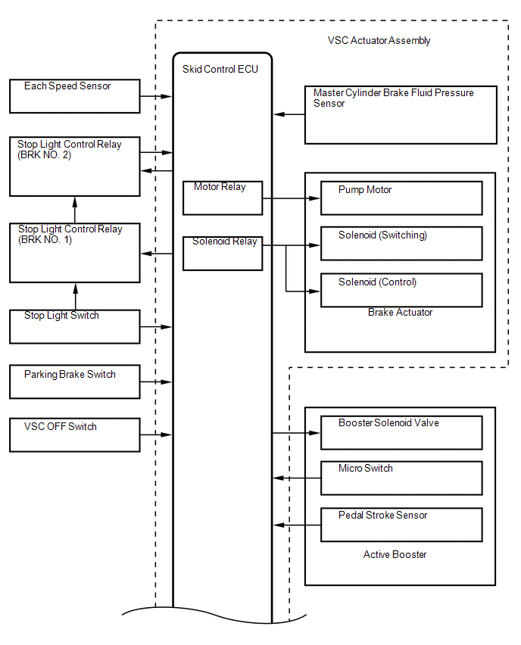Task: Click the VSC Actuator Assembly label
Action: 379,40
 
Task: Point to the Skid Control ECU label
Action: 220,69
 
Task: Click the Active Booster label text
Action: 395,554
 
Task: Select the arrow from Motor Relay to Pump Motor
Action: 292,198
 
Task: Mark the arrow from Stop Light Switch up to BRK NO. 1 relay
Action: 75,296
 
